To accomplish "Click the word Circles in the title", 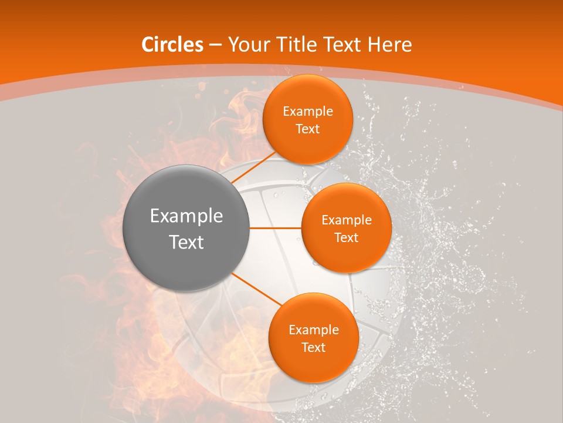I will pos(172,45).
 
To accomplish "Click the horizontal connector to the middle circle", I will pos(276,228).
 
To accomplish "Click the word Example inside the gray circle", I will pos(186,216).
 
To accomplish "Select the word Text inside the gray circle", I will pos(186,242).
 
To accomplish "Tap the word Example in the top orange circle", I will pos(307,112).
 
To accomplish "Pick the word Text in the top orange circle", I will pos(307,129).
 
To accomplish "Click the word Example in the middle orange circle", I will pos(346,220).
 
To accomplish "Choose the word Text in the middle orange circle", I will pos(346,238).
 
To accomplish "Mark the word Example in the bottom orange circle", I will pos(313,330).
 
